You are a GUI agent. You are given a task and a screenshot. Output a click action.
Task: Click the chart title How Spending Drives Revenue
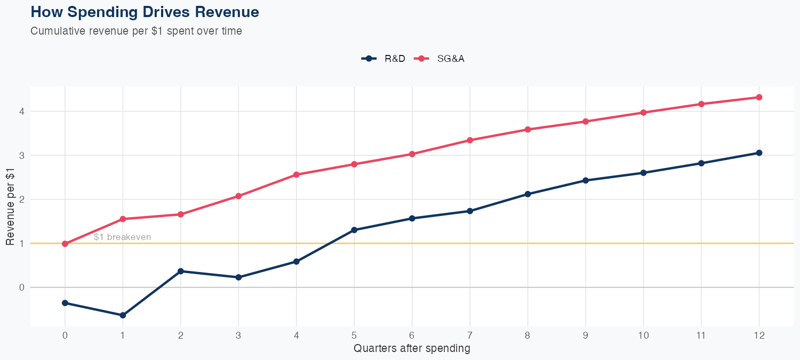[x=145, y=12]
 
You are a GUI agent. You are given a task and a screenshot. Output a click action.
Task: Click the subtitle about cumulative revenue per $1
[x=136, y=31]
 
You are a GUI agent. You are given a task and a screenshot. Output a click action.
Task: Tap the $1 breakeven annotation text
[x=122, y=237]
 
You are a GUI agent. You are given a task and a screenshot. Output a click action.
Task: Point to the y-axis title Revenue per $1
[x=10, y=209]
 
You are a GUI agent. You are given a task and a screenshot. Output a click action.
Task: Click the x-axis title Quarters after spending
[x=412, y=349]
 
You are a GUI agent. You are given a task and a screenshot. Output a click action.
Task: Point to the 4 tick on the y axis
[x=22, y=111]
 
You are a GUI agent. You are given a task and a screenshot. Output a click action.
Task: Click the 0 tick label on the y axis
[x=22, y=287]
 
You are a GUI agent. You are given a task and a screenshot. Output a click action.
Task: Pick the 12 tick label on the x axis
[x=759, y=335]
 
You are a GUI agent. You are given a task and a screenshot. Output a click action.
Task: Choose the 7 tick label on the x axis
[x=470, y=335]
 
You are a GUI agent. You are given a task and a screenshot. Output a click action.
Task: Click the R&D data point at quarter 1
[x=123, y=315]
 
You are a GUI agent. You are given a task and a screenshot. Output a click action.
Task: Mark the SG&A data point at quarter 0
[x=65, y=244]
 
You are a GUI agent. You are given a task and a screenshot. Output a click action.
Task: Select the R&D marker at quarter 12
[x=759, y=153]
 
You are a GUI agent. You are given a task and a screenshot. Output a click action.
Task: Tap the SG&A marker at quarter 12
[x=759, y=97]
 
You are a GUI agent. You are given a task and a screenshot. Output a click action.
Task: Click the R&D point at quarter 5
[x=354, y=230]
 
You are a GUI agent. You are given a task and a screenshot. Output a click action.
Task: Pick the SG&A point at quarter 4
[x=297, y=174]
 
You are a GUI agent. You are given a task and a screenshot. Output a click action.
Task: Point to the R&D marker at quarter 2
[x=181, y=271]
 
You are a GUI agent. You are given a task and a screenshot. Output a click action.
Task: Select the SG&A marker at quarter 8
[x=527, y=130]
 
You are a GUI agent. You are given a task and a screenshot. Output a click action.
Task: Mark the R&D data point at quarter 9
[x=586, y=180]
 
